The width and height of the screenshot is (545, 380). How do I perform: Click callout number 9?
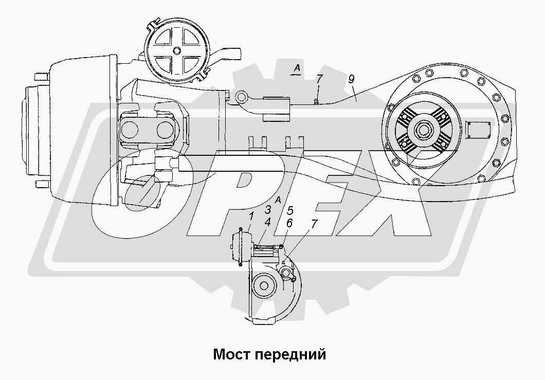click(x=351, y=79)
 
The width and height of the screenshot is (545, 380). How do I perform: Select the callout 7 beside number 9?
click(x=319, y=79)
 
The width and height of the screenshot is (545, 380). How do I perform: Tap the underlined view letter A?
click(x=297, y=68)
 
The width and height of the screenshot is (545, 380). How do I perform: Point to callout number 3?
click(x=268, y=210)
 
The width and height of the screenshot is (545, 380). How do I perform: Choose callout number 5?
click(x=290, y=210)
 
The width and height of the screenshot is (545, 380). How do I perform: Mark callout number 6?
click(x=289, y=223)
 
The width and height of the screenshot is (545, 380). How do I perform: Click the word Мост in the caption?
click(x=231, y=355)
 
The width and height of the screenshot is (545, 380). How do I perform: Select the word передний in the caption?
click(x=290, y=355)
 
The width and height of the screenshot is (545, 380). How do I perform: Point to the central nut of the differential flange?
click(x=423, y=131)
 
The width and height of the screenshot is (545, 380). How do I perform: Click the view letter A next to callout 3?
click(x=278, y=200)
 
